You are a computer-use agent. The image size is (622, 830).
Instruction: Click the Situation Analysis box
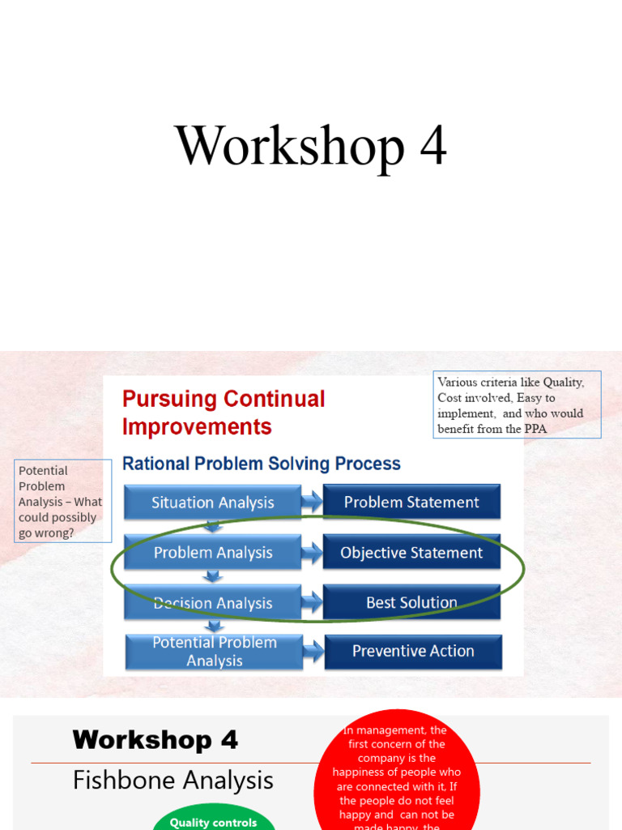click(212, 503)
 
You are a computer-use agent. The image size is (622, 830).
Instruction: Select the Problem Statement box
click(411, 502)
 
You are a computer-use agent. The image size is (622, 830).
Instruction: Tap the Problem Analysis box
click(212, 553)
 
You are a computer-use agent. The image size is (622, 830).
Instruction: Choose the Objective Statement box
click(411, 553)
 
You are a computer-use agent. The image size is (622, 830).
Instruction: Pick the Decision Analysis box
click(212, 603)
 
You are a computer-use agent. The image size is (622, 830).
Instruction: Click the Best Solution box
click(411, 602)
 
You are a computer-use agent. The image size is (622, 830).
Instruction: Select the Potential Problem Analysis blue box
click(214, 652)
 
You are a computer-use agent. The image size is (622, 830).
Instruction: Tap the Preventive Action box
click(413, 651)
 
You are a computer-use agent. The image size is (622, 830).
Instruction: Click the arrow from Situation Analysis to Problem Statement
click(313, 502)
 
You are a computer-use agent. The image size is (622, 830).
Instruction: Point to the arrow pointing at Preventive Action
click(313, 651)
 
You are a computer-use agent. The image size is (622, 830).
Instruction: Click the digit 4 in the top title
click(432, 147)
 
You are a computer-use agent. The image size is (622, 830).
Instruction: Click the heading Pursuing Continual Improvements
click(224, 413)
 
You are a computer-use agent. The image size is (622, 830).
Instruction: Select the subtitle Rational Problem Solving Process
click(261, 464)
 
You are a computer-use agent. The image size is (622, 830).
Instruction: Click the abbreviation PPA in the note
click(535, 429)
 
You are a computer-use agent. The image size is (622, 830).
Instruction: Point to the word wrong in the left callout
click(54, 533)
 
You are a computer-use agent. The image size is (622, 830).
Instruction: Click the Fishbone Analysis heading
click(173, 781)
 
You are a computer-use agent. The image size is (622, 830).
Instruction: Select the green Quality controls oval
click(213, 821)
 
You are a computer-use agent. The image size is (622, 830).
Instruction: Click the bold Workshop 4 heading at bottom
click(155, 740)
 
